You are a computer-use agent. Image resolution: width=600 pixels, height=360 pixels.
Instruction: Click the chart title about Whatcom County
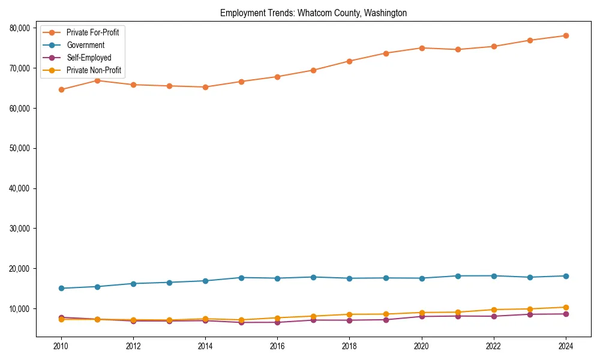pos(313,13)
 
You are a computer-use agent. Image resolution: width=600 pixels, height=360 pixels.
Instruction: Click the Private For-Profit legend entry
pos(92,32)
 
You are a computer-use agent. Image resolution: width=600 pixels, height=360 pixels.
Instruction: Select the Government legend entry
pos(85,45)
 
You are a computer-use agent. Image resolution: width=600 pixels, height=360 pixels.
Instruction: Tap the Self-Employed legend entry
pos(89,58)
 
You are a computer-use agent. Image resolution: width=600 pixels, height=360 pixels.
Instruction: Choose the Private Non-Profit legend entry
pos(94,70)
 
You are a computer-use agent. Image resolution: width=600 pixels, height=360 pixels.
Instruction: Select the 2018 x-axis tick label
pos(349,346)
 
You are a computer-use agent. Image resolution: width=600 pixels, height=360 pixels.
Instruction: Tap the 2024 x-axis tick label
pos(566,346)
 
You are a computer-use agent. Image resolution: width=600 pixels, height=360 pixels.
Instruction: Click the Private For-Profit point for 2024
pos(566,35)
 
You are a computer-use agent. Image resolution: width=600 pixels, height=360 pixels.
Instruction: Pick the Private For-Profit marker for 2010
pos(61,89)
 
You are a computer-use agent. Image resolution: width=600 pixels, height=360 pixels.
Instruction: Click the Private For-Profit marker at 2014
pos(205,87)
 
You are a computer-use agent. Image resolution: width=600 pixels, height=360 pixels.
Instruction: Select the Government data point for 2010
pos(61,288)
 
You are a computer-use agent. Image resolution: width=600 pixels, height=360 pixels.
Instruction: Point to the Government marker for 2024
pos(566,276)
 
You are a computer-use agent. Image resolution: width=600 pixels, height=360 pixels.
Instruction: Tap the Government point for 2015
pos(241,278)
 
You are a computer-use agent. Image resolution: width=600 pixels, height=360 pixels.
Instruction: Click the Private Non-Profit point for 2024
pos(566,307)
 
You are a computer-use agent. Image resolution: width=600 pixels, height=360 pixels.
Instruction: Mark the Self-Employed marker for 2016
pos(277,322)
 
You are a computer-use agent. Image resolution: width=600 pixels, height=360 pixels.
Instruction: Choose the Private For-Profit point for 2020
pos(422,48)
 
